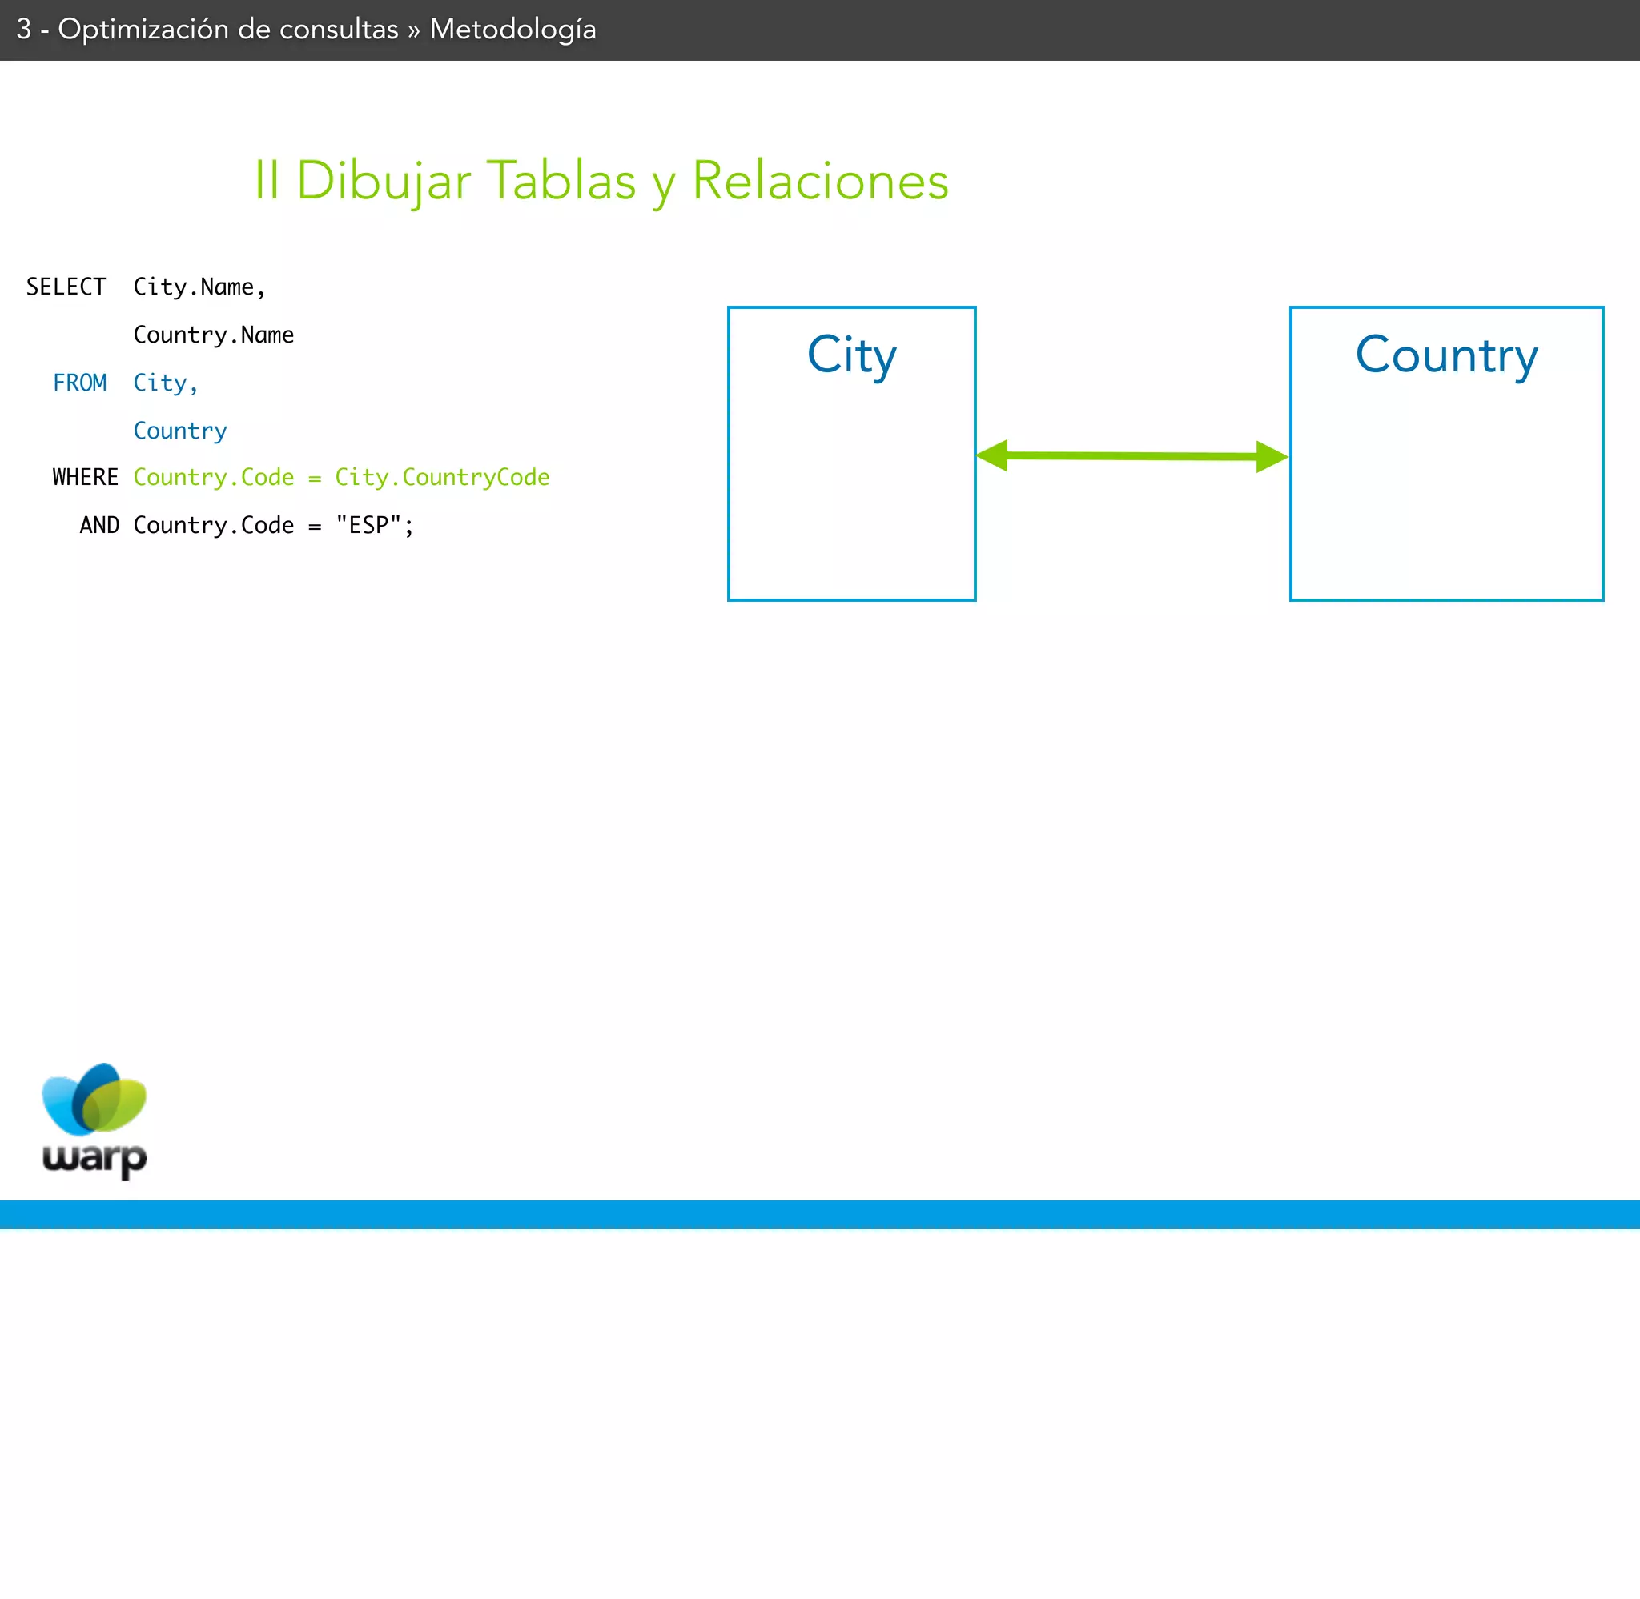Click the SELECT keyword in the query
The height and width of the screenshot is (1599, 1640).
(x=66, y=287)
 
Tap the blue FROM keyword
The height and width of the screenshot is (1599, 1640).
(x=80, y=383)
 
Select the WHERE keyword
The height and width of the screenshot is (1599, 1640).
(x=86, y=477)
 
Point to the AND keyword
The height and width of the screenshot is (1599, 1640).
(x=99, y=525)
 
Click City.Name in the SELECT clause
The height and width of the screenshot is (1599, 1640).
(x=199, y=287)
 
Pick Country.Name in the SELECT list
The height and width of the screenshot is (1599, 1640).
(x=213, y=335)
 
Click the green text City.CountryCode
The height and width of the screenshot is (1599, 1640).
(x=442, y=477)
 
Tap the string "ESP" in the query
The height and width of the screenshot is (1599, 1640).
(x=368, y=525)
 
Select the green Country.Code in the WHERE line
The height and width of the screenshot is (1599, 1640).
(x=213, y=477)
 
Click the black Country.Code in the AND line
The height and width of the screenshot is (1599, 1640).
(x=213, y=525)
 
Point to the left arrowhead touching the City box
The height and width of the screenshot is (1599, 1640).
(x=993, y=455)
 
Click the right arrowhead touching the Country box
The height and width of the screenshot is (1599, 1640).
(x=1271, y=457)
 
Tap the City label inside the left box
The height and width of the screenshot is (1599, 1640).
(x=851, y=355)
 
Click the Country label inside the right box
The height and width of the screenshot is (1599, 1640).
(x=1446, y=355)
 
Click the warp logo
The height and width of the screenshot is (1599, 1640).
(x=94, y=1120)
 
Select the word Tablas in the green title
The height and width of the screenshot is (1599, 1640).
(x=561, y=181)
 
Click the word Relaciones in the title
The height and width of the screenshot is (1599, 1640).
(x=820, y=181)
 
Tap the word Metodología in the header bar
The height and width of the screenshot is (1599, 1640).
(x=512, y=30)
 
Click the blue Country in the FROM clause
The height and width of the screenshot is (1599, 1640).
(x=180, y=431)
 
